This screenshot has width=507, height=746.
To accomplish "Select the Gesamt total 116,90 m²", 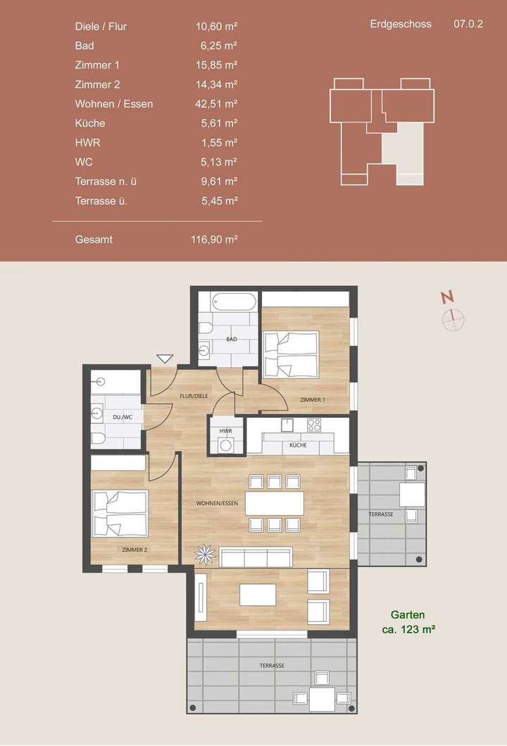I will [214, 239].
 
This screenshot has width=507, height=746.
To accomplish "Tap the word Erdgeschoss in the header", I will [401, 24].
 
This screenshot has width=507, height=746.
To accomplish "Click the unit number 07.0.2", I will [468, 24].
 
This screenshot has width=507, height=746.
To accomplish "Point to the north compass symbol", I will [453, 318].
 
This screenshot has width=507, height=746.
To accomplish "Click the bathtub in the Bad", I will [233, 303].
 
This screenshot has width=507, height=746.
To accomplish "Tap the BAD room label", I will [231, 340].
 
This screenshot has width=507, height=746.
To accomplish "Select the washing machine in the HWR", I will [227, 445].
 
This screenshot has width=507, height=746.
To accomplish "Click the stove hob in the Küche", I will [314, 425].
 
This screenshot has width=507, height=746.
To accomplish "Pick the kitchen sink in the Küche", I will [287, 425].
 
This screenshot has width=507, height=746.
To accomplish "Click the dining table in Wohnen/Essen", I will [275, 504].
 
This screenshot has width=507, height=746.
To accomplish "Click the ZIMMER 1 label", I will [312, 400].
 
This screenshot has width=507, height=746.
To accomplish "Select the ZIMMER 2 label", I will [134, 549].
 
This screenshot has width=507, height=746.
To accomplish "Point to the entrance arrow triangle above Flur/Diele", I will [165, 359].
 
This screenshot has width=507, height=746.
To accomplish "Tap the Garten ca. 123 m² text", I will [408, 621].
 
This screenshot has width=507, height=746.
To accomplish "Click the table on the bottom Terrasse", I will [322, 700].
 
